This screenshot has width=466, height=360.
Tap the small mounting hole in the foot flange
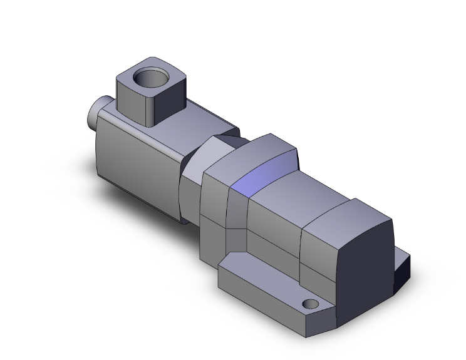[308, 304]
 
